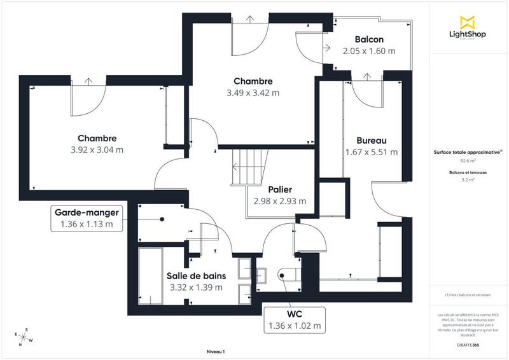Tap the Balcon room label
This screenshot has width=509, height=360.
coord(368,40)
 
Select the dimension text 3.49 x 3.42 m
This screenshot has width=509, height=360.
coord(253,93)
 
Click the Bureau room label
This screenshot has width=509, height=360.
coord(372,141)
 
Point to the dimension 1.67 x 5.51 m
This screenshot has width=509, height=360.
coord(372,152)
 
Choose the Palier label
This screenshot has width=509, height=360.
coord(280,190)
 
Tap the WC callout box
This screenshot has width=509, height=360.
coord(294,320)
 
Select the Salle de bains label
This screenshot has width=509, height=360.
coord(196,276)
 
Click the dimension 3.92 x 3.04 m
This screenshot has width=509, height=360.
coord(97,150)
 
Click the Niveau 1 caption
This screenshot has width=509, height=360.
coord(216,352)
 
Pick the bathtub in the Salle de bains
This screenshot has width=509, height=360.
coord(151,277)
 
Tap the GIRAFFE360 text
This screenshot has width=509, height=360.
coord(468,343)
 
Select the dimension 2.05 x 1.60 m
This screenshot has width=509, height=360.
coord(368,51)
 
